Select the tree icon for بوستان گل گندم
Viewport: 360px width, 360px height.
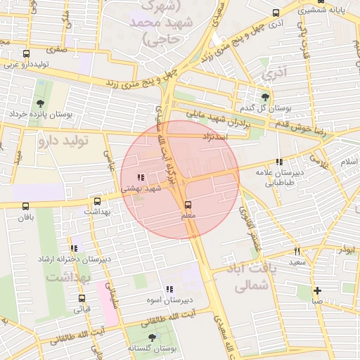[x=265, y=97]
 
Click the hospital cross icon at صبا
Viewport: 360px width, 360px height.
[x=317, y=290]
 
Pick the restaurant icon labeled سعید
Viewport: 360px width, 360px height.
[x=297, y=251]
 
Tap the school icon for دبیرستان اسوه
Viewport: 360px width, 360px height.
[x=169, y=288]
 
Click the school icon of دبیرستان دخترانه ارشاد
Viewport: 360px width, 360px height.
[x=74, y=248]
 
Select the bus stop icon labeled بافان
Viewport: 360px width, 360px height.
[x=26, y=206]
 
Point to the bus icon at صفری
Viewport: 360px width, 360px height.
[x=27, y=53]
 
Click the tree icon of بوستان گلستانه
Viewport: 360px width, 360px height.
[x=152, y=337]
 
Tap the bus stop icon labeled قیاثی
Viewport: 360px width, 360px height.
[x=82, y=297]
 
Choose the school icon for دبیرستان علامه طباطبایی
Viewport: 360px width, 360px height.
[x=279, y=162]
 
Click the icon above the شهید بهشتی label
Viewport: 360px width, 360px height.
[x=141, y=177]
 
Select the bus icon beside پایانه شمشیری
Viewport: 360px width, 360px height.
[x=276, y=12]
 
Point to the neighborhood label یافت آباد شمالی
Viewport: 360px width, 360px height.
[x=250, y=276]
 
